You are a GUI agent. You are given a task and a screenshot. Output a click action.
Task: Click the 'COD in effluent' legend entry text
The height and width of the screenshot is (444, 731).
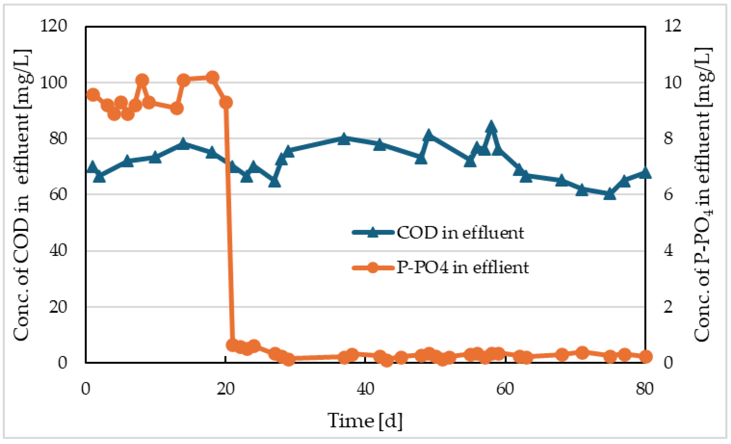[460, 233]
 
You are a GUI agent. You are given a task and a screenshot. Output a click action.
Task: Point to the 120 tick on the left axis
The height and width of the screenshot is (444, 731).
[53, 26]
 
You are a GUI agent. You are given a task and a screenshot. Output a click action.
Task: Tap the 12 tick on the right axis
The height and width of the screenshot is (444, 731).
[673, 26]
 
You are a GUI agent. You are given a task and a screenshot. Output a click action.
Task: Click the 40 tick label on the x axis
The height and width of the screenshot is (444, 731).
[365, 389]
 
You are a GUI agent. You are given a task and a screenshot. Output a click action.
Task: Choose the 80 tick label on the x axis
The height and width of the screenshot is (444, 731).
[645, 389]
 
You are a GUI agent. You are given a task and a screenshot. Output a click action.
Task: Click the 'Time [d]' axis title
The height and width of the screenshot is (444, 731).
[365, 421]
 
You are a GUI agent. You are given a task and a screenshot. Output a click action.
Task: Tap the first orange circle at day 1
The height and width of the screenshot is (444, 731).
[93, 95]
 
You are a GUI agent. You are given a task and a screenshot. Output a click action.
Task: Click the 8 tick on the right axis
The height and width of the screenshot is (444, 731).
[668, 138]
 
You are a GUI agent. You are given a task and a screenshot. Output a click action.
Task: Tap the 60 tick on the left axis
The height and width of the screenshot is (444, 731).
[58, 194]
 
